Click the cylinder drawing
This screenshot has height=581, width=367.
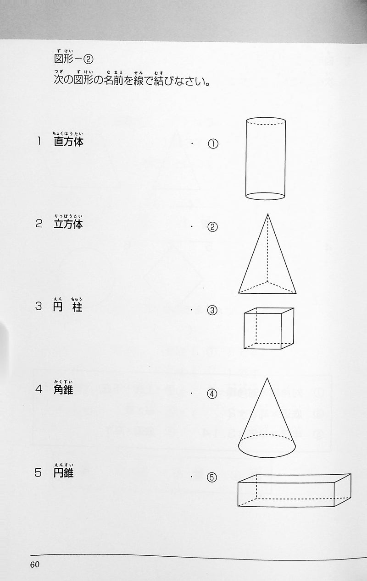click(265, 159)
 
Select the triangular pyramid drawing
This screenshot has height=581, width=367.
click(267, 254)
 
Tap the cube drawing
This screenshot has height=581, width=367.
click(269, 329)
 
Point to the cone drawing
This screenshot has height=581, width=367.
click(267, 417)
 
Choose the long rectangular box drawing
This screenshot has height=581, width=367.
click(294, 490)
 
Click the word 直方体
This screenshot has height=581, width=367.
click(68, 142)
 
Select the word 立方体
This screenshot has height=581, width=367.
click(68, 225)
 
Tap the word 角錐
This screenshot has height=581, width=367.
click(63, 389)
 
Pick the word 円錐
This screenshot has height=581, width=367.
click(64, 472)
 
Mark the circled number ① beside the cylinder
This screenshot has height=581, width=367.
click(213, 144)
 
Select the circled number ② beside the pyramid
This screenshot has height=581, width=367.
click(212, 227)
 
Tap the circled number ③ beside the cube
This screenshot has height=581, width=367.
click(212, 310)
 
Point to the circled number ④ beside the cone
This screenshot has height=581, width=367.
click(212, 394)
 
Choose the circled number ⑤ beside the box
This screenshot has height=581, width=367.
click(211, 477)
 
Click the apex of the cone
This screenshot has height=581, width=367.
click(267, 378)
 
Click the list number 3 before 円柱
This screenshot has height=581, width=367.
click(39, 307)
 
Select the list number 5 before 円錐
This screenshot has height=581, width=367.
click(38, 473)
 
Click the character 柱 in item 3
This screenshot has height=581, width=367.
click(78, 307)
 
